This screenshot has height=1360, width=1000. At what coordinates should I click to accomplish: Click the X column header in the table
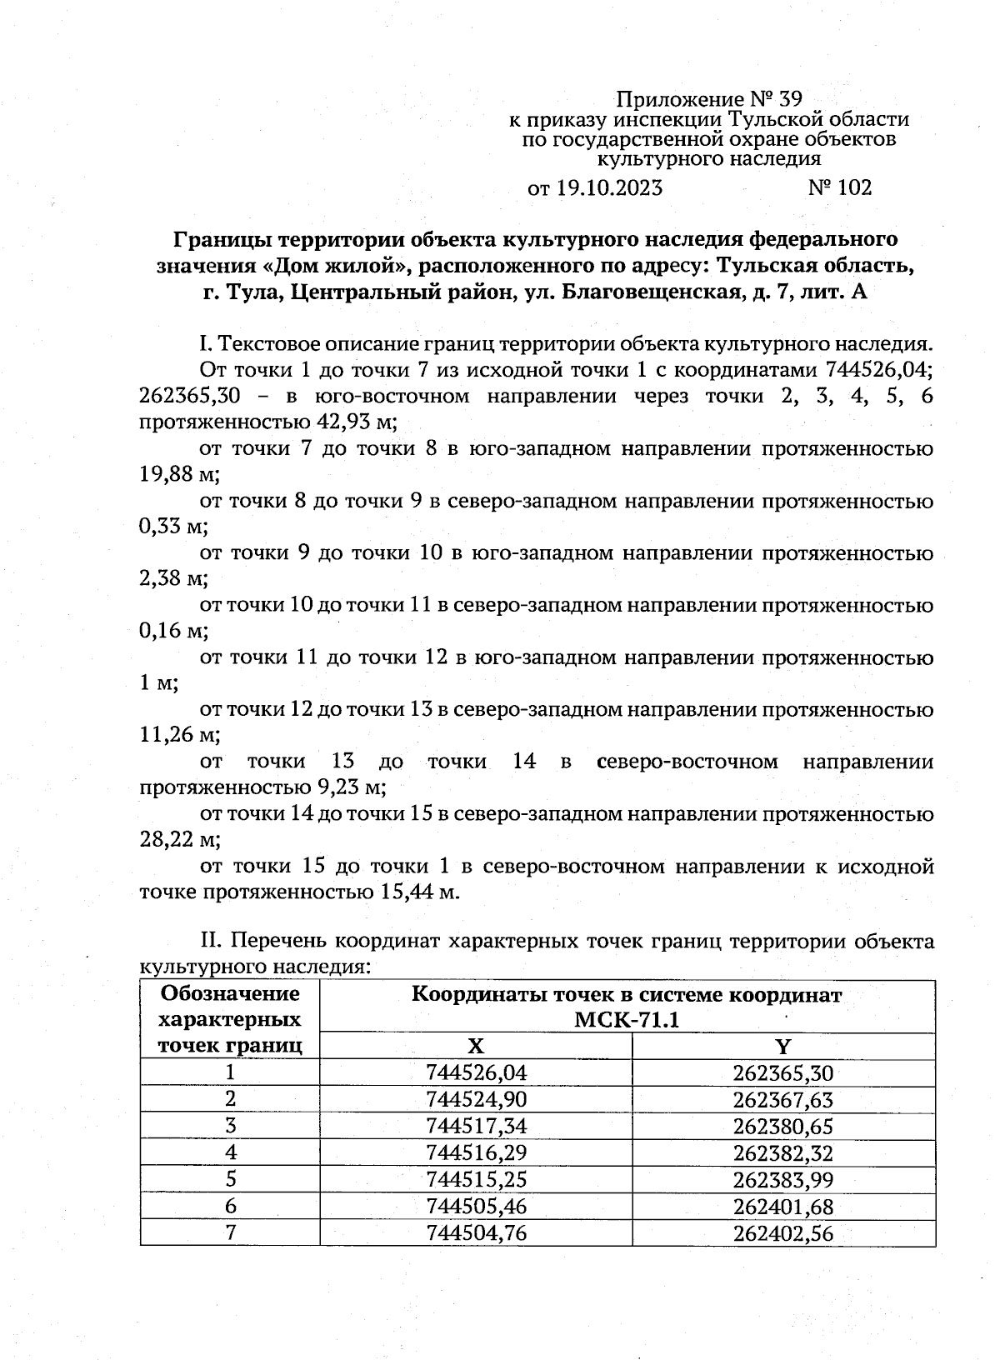(475, 1047)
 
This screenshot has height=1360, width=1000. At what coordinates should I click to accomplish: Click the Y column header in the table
(782, 1047)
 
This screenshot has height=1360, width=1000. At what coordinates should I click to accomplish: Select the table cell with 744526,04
(476, 1073)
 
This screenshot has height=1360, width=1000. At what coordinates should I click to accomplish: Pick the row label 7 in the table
(230, 1233)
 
